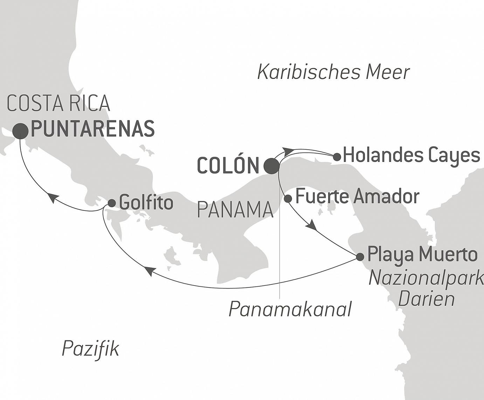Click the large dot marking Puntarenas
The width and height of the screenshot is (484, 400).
coord(20,131)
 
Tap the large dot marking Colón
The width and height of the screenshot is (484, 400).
coord(272,165)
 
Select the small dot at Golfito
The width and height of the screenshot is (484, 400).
coord(112,203)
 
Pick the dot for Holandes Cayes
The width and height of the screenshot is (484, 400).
coord(337,157)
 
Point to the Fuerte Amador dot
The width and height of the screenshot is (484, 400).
coord(288,199)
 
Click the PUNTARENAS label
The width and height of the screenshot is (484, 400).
coord(93,129)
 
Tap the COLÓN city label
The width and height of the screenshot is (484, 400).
coord(228,165)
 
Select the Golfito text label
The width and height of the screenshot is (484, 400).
coord(146,203)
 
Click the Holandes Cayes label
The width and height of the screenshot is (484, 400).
coord(411,155)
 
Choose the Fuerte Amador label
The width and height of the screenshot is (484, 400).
coord(357,196)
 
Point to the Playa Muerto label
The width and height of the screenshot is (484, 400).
coord(422,254)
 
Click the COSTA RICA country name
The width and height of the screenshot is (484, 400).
coord(58,103)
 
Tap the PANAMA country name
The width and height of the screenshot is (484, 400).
coord(235,210)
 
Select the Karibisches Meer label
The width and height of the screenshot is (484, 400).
coord(333,72)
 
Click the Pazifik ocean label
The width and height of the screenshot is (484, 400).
coord(90,349)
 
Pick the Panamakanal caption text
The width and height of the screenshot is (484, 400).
coord(290,309)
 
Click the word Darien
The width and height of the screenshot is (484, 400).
coord(427,299)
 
